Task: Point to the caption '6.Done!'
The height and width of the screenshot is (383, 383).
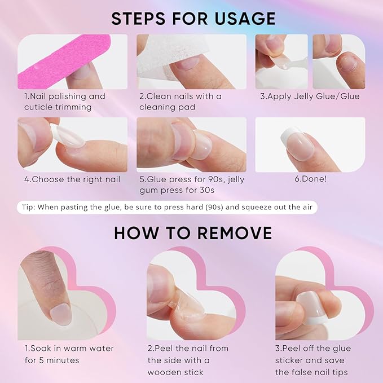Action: pyautogui.click(x=310, y=179)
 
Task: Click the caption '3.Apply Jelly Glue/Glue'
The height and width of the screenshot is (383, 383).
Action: pyautogui.click(x=310, y=96)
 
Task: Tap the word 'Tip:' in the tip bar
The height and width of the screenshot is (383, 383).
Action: pyautogui.click(x=29, y=207)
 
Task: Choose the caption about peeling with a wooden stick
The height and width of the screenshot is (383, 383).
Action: pyautogui.click(x=188, y=360)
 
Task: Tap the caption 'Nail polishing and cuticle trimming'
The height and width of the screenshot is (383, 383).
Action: pyautogui.click(x=64, y=101)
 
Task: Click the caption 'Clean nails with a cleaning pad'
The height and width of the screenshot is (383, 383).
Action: pyautogui.click(x=181, y=101)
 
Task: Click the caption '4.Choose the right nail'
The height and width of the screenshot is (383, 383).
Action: pyautogui.click(x=72, y=179)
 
